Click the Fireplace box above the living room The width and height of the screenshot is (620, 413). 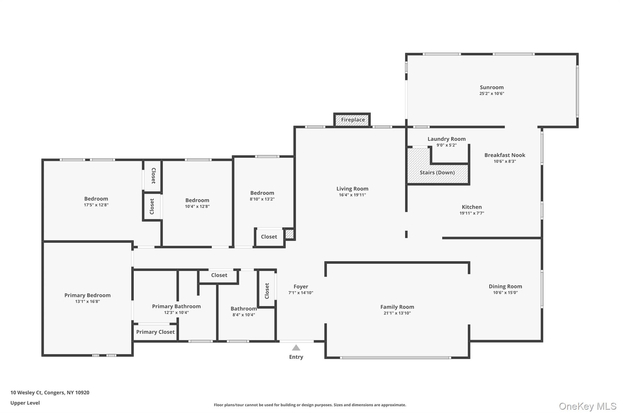coord(352,120)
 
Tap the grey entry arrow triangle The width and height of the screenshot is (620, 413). coord(296,348)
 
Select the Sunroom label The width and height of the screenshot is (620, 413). coord(491,87)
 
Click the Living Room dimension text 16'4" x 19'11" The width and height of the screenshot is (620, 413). coord(352,195)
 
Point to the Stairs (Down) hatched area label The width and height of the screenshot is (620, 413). coord(437,172)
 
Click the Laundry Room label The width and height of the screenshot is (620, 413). coord(446,139)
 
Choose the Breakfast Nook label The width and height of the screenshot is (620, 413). coord(505,155)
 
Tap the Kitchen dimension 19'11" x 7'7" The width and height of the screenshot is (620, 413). coord(472,213)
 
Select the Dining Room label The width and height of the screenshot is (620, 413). coord(505,286)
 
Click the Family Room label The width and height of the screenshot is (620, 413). coord(397,307)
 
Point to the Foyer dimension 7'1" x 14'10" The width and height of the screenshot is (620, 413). coord(301,293)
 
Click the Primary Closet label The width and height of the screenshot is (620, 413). coord(155,332)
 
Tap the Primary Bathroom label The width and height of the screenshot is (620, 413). coord(176,306)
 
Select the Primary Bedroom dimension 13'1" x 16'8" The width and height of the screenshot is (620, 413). coord(87,301)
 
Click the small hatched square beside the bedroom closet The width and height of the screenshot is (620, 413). coord(289,234)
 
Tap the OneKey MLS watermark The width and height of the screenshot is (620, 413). coord(588,406)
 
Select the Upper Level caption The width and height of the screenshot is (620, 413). coord(25,403)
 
